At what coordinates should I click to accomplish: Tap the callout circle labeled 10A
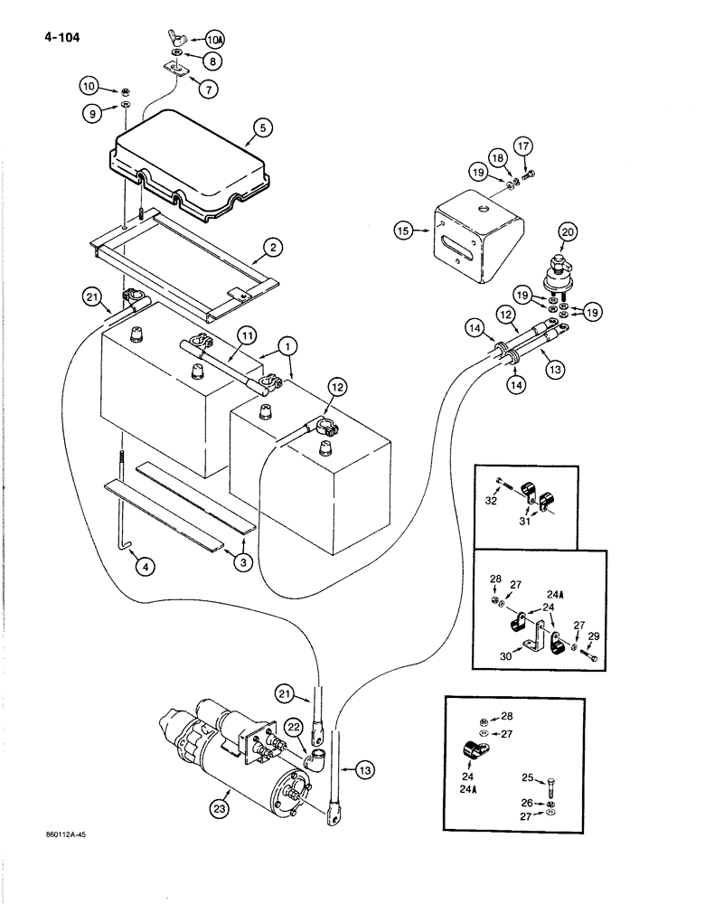tap(214, 41)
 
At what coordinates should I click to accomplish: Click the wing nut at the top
tap(176, 38)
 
